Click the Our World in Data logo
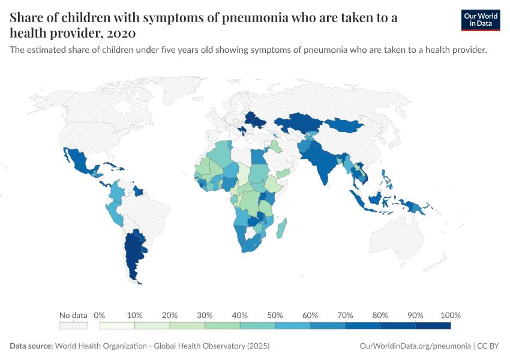[x=481, y=20]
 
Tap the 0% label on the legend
[x=100, y=315]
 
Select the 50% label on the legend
[x=275, y=315]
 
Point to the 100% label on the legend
[x=450, y=315]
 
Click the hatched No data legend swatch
[x=73, y=326]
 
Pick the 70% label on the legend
[x=345, y=315]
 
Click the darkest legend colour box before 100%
[x=433, y=326]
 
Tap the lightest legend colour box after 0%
[x=118, y=326]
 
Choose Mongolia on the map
[x=343, y=125]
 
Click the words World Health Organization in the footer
[x=103, y=346]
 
